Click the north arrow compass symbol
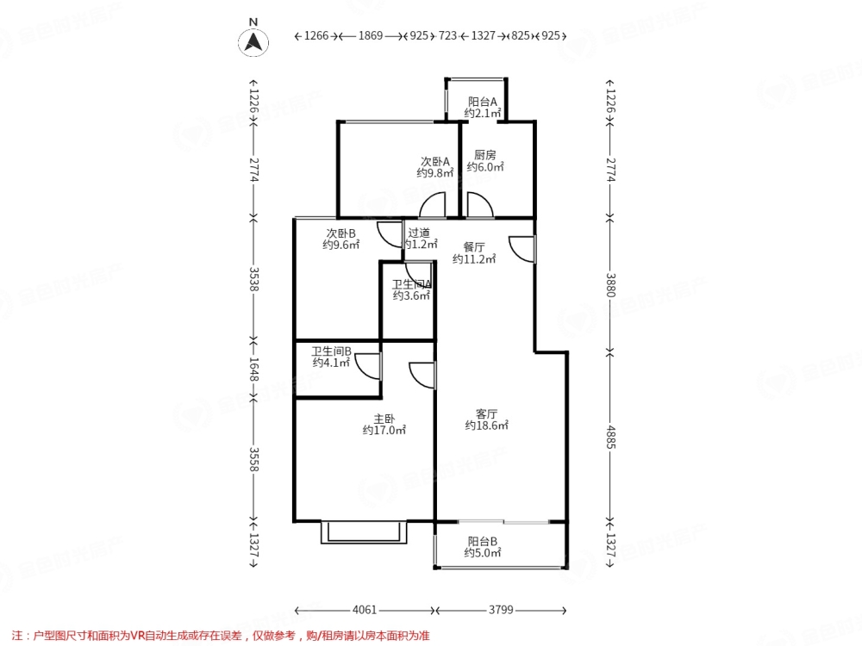pos(253,41)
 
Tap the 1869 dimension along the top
pos(371,35)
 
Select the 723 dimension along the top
pos(447,35)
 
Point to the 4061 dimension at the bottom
pos(365,610)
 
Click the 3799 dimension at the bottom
pos(501,610)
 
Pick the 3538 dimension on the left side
pos(253,279)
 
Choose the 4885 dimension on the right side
pos(610,437)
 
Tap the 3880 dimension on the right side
pos(610,285)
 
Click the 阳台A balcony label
pos(482,102)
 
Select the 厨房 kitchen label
pos(484,155)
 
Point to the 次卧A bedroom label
pos(434,162)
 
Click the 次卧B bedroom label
pos(340,233)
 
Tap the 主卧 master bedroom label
pos(384,419)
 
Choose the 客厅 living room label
pos(486,413)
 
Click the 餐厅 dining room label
pos(474,247)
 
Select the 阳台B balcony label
pos(482,541)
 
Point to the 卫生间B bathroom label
pos(332,351)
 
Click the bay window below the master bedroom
pos(364,532)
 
